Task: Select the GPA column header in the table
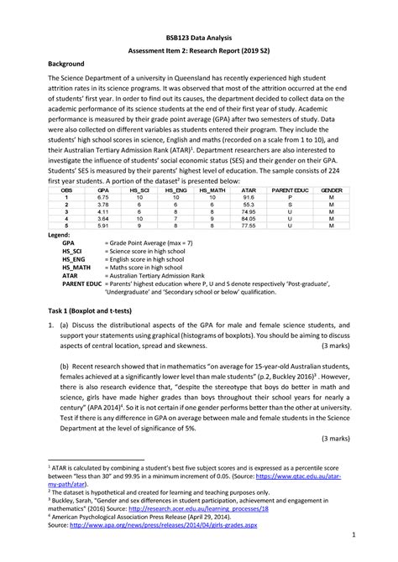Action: (103, 190)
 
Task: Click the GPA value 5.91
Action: (103, 226)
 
